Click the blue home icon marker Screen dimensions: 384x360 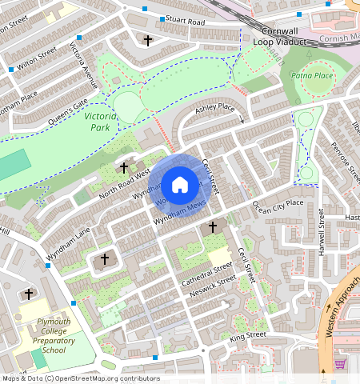(180, 185)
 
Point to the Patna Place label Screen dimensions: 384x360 (312, 75)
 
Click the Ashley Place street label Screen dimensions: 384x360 (215, 107)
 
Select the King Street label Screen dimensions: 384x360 (247, 335)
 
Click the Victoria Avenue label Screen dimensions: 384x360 (84, 66)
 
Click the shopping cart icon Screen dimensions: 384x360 (340, 363)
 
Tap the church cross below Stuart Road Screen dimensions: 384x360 (147, 40)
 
